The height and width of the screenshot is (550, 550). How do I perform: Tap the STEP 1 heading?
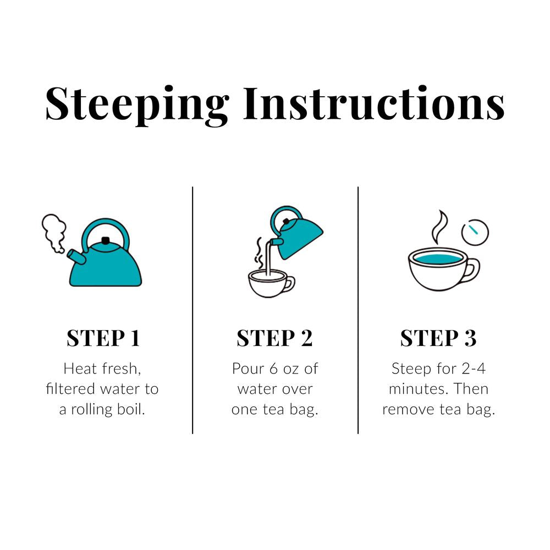pos(103,338)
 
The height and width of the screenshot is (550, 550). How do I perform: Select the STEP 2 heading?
pos(274,338)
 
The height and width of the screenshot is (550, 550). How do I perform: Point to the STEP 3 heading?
pos(438,338)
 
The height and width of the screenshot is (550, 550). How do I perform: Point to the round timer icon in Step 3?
pos(475,233)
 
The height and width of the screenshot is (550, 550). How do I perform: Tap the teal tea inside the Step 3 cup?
pos(438,257)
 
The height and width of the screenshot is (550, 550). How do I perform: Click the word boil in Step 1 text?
pos(134,410)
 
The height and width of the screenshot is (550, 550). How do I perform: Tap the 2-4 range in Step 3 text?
pos(471,368)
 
